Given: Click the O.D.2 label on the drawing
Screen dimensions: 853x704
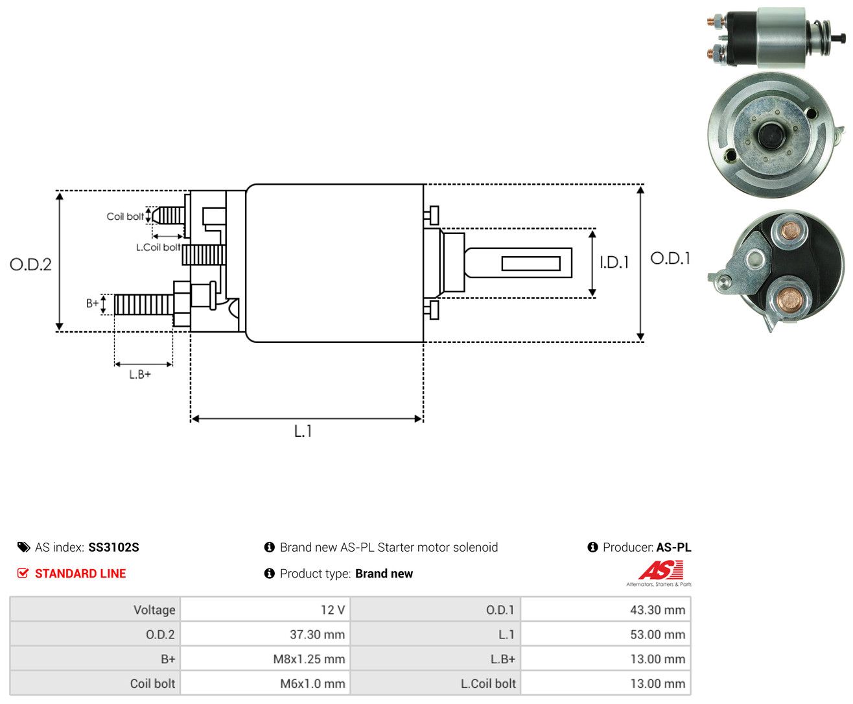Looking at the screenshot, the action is click(30, 264).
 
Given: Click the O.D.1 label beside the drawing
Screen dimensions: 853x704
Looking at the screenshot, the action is click(670, 258).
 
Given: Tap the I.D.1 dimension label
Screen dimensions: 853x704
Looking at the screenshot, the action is click(614, 263).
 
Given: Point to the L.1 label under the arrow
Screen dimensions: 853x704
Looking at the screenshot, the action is click(303, 431).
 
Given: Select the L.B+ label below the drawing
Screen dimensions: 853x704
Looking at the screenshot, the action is click(140, 374).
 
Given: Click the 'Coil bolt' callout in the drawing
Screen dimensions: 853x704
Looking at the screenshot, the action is click(125, 216).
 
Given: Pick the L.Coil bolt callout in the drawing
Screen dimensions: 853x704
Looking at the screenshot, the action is click(158, 247).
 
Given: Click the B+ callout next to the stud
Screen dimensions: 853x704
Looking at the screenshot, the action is click(92, 303).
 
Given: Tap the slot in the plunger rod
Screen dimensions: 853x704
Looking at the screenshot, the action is click(531, 264).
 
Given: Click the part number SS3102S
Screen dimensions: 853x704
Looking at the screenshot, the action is click(113, 547).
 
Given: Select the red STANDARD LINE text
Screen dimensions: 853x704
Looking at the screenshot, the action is click(80, 574).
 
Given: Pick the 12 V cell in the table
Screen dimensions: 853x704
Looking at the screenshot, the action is click(265, 609).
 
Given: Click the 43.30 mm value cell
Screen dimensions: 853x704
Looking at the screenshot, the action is click(606, 609).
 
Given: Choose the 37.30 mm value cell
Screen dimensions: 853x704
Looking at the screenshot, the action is click(265, 634).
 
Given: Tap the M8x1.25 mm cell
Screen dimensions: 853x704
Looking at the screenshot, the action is click(265, 659).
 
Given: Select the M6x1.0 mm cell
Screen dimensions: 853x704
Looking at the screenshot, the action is click(265, 683).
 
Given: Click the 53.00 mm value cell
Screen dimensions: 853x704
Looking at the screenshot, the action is click(606, 634).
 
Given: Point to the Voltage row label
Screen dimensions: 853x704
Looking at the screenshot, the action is click(154, 609).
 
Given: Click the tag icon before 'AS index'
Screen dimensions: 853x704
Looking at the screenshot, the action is click(24, 547).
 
